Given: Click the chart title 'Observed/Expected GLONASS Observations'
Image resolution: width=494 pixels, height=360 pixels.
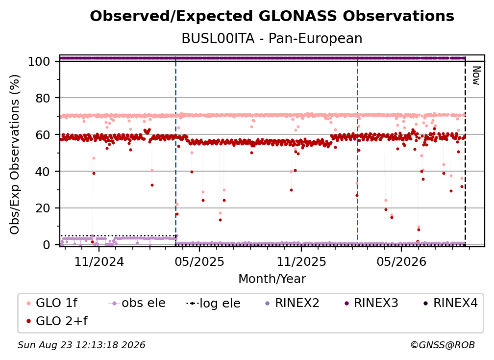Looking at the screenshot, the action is pyautogui.click(x=272, y=16).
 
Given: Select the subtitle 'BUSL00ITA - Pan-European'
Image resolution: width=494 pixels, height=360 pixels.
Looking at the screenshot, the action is pyautogui.click(x=272, y=38).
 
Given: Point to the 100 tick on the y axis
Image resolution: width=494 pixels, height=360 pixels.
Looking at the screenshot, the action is pyautogui.click(x=39, y=61).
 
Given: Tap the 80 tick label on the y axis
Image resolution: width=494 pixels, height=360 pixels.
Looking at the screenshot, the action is pyautogui.click(x=43, y=98).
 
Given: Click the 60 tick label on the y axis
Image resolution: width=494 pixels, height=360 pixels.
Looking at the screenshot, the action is pyautogui.click(x=43, y=134).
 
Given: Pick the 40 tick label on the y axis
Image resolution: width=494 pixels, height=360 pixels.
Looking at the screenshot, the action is pyautogui.click(x=43, y=172).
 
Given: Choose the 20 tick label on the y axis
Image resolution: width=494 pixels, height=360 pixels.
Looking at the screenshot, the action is pyautogui.click(x=43, y=208).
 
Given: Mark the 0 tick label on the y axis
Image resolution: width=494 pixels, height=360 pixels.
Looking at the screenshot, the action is pyautogui.click(x=47, y=245).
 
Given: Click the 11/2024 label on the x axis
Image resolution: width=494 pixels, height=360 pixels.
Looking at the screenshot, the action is pyautogui.click(x=99, y=261).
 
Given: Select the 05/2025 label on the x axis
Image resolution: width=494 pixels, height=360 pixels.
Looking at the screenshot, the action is pyautogui.click(x=199, y=261).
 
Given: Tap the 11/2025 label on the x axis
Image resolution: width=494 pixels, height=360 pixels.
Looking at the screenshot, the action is pyautogui.click(x=301, y=261).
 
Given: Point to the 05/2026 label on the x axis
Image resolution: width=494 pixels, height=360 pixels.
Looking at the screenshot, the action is pyautogui.click(x=401, y=261).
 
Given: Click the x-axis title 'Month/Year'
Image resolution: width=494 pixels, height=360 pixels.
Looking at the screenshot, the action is pyautogui.click(x=272, y=279).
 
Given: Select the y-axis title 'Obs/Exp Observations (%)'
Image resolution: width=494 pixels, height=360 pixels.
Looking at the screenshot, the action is pyautogui.click(x=15, y=154).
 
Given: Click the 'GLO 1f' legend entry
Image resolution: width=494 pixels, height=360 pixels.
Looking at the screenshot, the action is pyautogui.click(x=52, y=303).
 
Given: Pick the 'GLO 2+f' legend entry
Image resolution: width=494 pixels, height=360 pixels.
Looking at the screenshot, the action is pyautogui.click(x=57, y=321).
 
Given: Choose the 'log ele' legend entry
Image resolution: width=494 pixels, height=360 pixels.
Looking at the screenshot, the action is pyautogui.click(x=213, y=303).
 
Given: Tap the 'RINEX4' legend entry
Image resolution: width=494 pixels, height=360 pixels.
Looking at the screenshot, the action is pyautogui.click(x=450, y=303).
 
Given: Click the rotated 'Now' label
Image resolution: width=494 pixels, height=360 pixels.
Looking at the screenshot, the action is pyautogui.click(x=476, y=76).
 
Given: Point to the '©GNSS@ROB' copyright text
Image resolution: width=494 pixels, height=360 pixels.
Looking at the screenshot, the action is pyautogui.click(x=443, y=345).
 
